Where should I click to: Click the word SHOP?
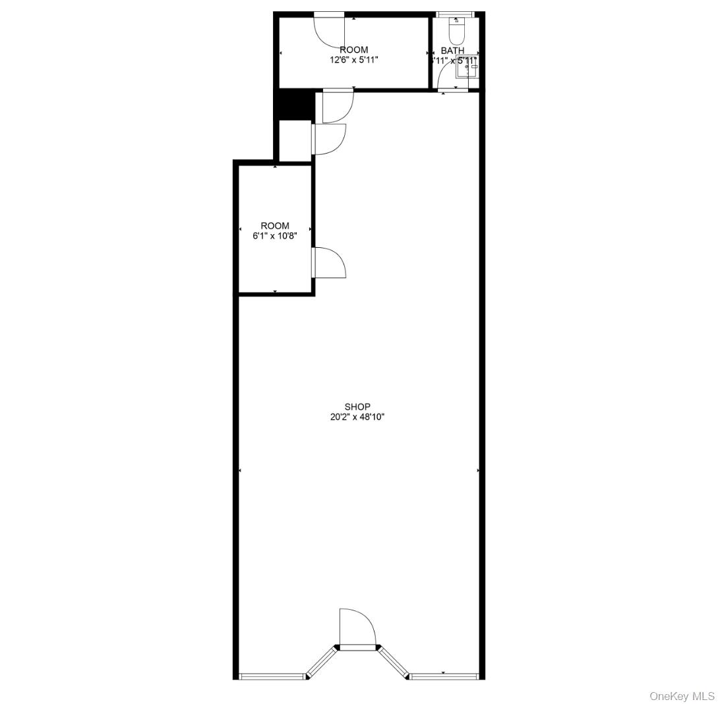tap(357, 407)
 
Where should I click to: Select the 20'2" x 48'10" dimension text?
tap(357, 417)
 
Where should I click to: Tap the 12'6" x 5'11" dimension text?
tap(354, 59)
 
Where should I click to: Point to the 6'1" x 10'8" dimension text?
tap(275, 235)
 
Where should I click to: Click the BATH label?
tap(452, 50)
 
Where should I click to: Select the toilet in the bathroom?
tap(456, 30)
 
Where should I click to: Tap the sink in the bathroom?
tap(467, 67)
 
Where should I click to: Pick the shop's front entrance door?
tap(357, 630)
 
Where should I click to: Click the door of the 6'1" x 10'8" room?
tap(328, 262)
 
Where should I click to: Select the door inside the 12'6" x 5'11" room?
tap(328, 30)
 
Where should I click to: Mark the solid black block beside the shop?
tap(293, 104)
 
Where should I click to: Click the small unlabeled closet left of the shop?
tap(295, 140)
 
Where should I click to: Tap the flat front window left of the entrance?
tap(272, 676)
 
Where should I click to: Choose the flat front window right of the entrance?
tap(443, 676)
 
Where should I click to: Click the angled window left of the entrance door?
tap(322, 662)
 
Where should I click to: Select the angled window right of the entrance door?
tap(394, 662)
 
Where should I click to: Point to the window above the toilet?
tap(456, 15)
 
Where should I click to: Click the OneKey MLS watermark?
tap(682, 696)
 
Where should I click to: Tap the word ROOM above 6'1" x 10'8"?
tap(275, 225)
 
